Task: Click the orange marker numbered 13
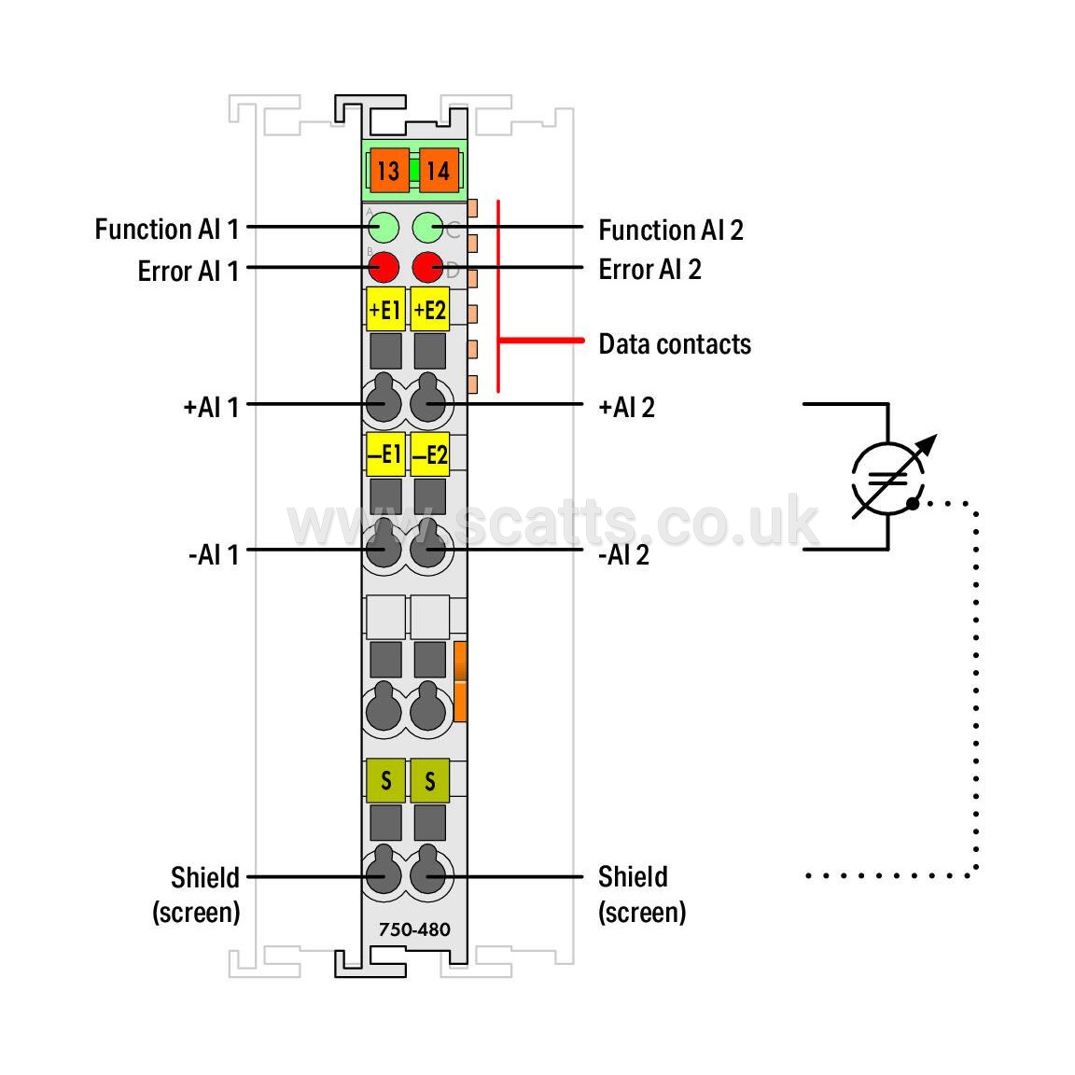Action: click(x=389, y=170)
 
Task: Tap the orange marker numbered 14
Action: click(x=439, y=170)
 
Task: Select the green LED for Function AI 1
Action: click(x=384, y=228)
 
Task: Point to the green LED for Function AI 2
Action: click(x=427, y=228)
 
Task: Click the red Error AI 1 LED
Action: click(x=384, y=267)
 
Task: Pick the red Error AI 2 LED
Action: click(x=427, y=267)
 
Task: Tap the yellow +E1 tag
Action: click(x=385, y=309)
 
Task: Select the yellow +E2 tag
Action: click(x=430, y=309)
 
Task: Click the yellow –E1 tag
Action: click(x=385, y=454)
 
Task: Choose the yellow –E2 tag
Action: click(x=430, y=454)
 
